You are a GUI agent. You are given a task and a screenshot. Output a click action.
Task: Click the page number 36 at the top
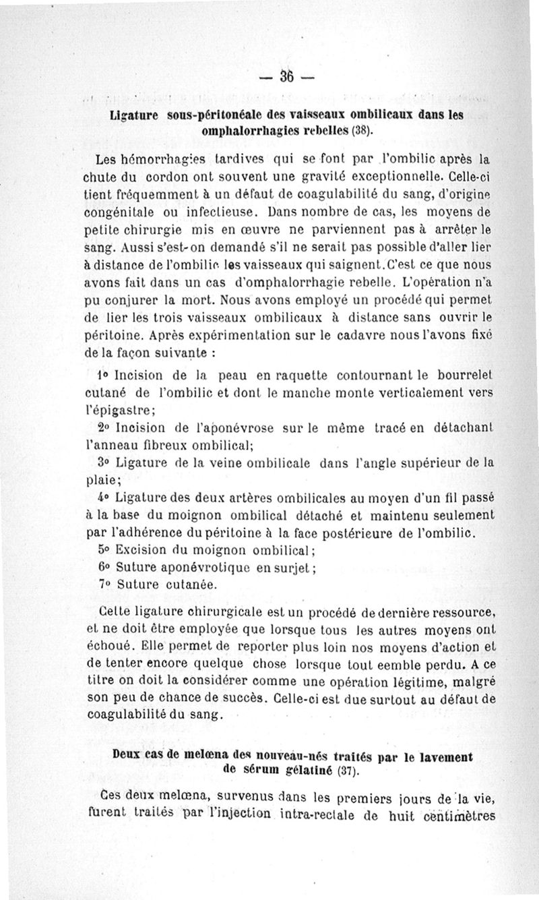[x=287, y=77]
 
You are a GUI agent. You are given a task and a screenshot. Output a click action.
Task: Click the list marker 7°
[x=103, y=584]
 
